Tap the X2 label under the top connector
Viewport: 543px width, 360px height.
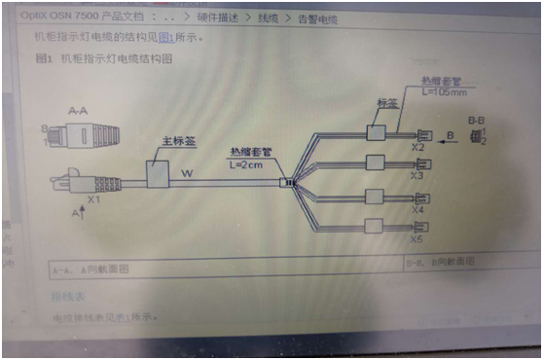point(416,148)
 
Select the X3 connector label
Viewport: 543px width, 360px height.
point(416,176)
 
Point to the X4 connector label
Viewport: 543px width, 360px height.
point(417,210)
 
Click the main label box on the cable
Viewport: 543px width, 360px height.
point(157,175)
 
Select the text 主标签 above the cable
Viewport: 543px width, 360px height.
point(177,141)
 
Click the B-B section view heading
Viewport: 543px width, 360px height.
point(477,120)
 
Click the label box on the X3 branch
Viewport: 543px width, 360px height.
point(375,162)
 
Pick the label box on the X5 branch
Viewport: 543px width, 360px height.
point(375,228)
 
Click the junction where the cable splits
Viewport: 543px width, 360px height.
point(285,182)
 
